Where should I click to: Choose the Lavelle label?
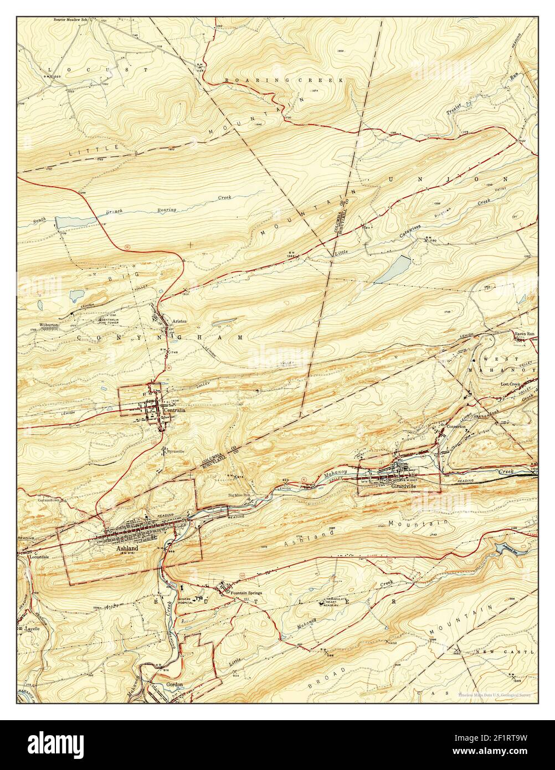34,629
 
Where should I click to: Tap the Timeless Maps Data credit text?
494,694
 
